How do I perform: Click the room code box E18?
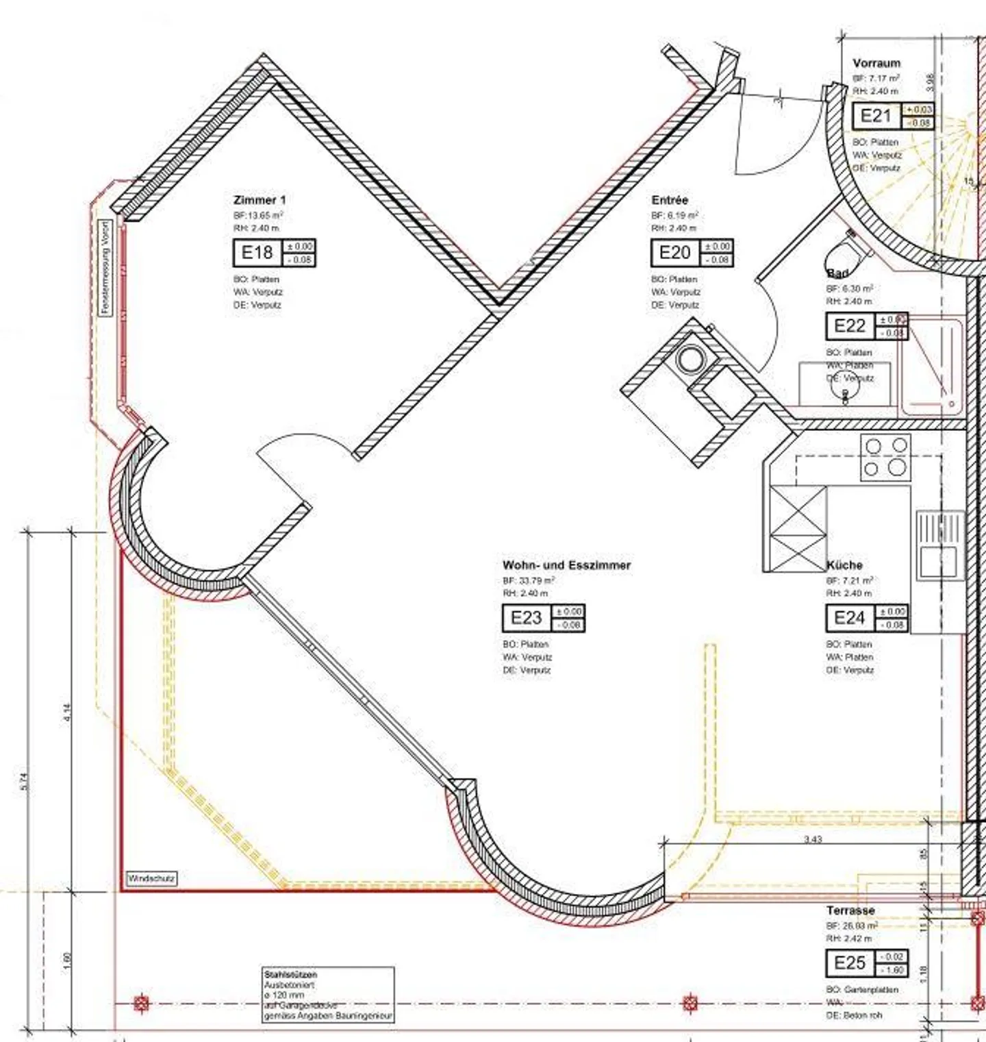click(x=257, y=253)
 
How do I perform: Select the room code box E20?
click(x=674, y=253)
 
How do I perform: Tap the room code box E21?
click(x=876, y=116)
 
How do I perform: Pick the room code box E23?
click(x=526, y=618)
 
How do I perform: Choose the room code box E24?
click(x=850, y=618)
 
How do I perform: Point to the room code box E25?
click(x=850, y=963)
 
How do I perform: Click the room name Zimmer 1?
click(x=260, y=200)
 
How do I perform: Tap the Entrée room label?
click(x=670, y=200)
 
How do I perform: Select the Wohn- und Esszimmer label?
click(x=566, y=565)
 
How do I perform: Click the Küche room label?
click(x=845, y=565)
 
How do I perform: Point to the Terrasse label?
click(x=850, y=910)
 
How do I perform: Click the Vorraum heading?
click(x=876, y=63)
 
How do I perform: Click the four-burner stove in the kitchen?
click(x=885, y=457)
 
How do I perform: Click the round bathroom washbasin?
click(x=845, y=387)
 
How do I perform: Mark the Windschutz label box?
click(x=151, y=878)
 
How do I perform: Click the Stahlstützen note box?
click(x=329, y=995)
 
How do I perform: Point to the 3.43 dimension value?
click(x=813, y=839)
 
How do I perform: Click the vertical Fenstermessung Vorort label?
click(x=105, y=267)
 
